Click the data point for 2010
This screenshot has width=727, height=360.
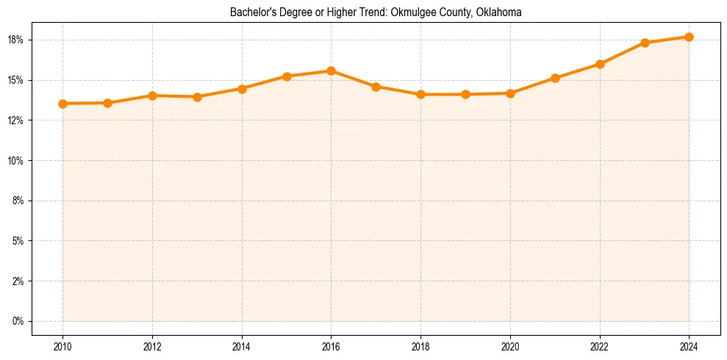62,104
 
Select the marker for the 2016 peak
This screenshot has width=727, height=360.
331,71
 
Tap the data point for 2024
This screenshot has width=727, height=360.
689,37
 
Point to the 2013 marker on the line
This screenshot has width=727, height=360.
197,97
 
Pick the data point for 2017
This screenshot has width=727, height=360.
376,87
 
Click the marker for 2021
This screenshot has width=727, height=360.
555,78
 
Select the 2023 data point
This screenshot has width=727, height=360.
645,43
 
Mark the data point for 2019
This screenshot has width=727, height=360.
465,94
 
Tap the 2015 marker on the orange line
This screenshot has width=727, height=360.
287,76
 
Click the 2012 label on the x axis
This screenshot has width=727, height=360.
152,347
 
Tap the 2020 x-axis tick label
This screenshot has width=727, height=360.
510,347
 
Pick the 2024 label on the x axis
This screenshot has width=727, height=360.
689,347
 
